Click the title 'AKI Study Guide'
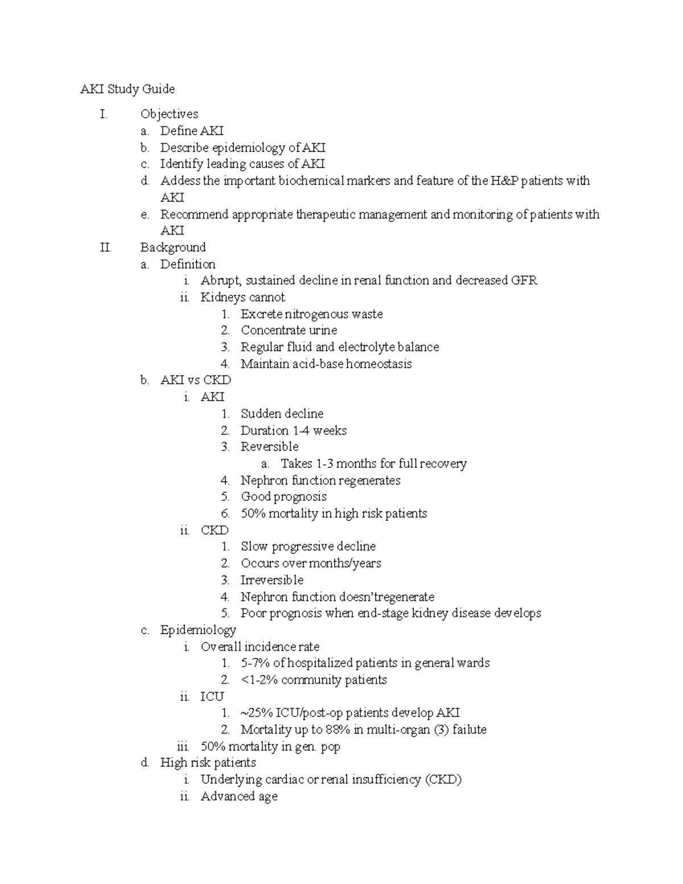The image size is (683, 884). click(127, 89)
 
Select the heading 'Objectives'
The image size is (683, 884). click(169, 114)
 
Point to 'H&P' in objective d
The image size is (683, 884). click(504, 181)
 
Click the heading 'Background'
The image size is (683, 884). click(172, 248)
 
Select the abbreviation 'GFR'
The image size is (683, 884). click(524, 281)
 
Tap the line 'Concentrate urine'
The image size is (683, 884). click(289, 331)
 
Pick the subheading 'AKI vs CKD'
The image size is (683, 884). click(195, 380)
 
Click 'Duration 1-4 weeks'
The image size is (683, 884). click(293, 431)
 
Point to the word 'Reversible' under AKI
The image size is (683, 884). click(269, 447)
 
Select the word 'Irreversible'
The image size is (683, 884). click(271, 580)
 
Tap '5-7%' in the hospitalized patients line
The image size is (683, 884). click(255, 663)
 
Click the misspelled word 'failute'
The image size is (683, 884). click(469, 730)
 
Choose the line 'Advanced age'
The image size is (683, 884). click(238, 796)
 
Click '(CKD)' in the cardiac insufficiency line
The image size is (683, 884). click(443, 780)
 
